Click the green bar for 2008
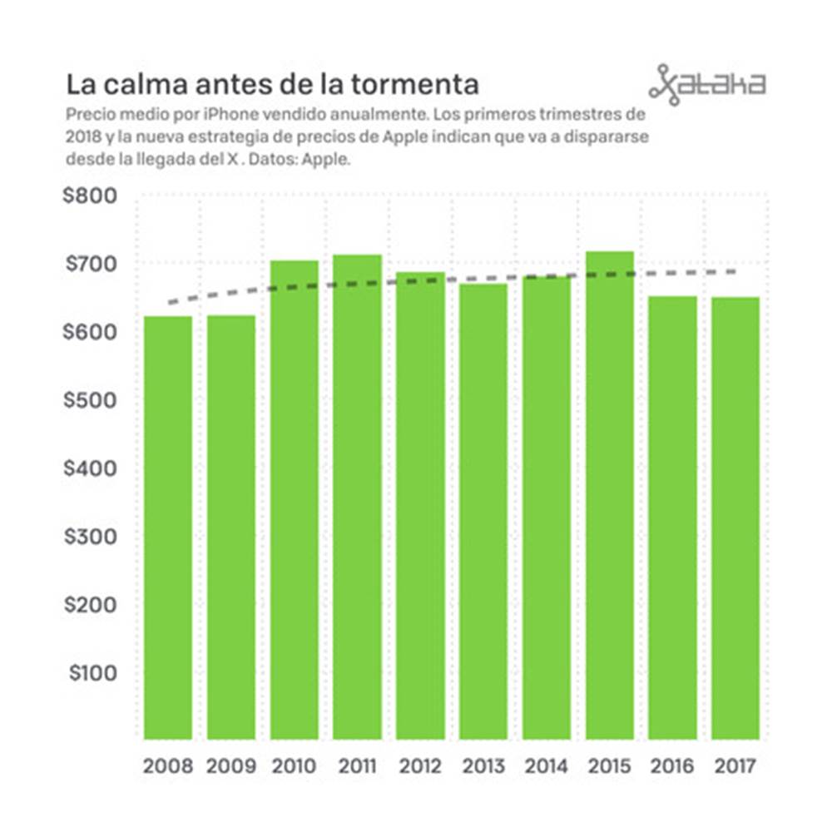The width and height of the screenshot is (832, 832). click(168, 527)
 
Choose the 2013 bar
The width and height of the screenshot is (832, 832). click(483, 511)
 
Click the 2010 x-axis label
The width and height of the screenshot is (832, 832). click(294, 766)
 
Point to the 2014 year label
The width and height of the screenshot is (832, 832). click(547, 766)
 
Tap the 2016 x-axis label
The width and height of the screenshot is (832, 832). click(673, 766)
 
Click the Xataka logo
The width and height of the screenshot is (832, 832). click(706, 84)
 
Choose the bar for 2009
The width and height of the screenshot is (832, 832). click(230, 527)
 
